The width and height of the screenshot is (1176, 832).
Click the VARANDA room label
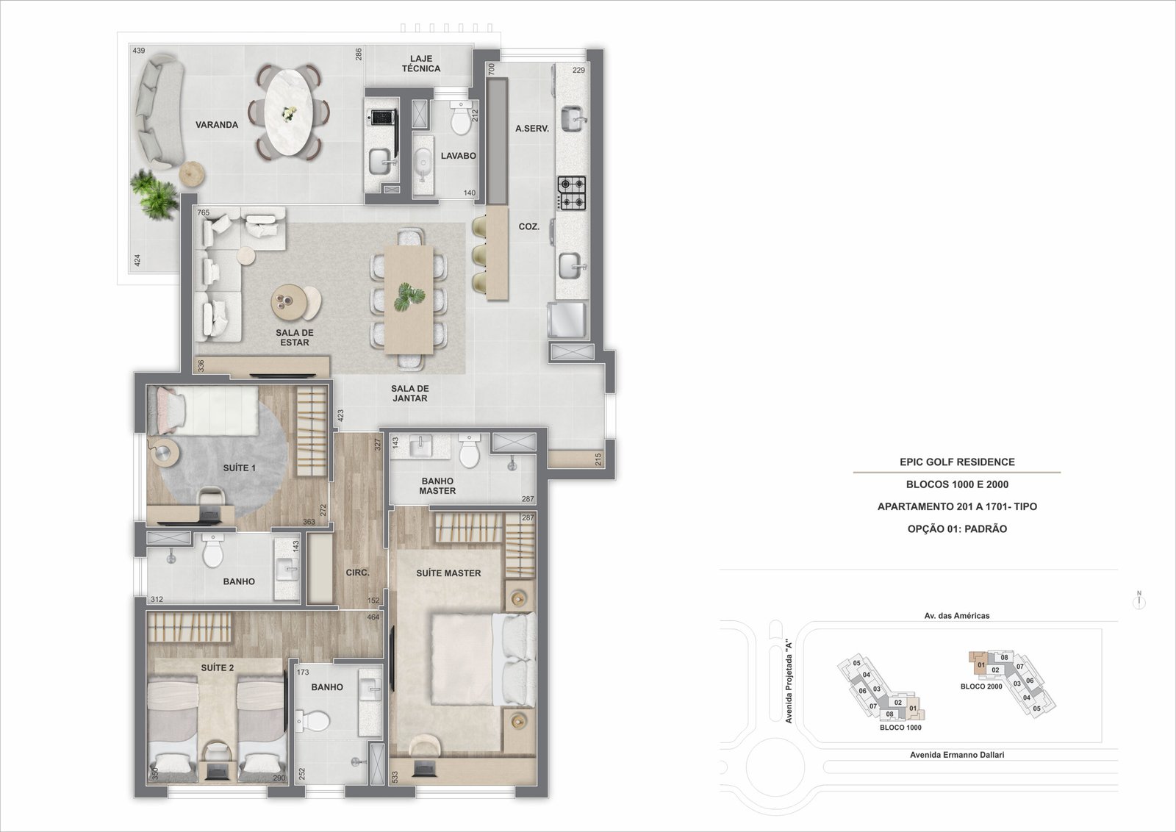[x=217, y=125]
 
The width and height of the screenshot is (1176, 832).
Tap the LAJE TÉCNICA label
[x=421, y=63]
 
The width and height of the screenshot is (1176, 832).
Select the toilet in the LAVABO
[x=462, y=118]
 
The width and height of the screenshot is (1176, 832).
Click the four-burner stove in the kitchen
[x=571, y=193]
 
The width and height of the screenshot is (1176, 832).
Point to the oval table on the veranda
[x=288, y=113]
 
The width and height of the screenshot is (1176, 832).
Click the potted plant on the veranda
[x=154, y=194]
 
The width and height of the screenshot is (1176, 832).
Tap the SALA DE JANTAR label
[x=409, y=393]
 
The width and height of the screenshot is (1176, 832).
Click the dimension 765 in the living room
[x=203, y=212]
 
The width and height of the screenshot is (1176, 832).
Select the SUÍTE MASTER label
[x=448, y=573]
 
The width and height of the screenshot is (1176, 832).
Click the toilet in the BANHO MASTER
[x=469, y=451]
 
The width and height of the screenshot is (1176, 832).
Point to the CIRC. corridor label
[x=357, y=573]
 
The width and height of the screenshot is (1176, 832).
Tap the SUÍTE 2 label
[x=218, y=667]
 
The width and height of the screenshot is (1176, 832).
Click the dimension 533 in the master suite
[x=395, y=776]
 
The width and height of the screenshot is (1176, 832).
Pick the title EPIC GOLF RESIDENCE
[x=957, y=462]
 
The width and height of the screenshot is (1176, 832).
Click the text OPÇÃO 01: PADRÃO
[x=957, y=528]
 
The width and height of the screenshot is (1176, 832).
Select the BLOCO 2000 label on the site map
[x=981, y=686]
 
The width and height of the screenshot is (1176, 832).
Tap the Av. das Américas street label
[x=956, y=616]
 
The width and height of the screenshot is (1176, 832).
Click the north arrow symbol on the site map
[x=1139, y=600]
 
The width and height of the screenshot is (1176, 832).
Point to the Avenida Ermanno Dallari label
[x=956, y=755]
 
